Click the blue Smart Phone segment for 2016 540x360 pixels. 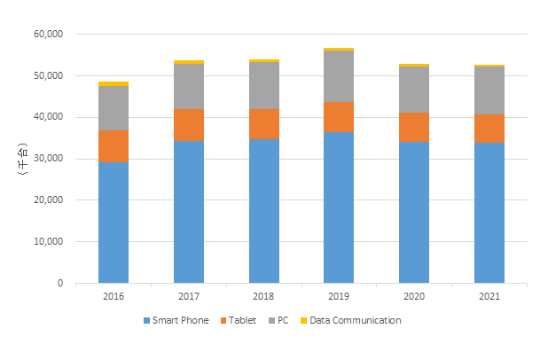113,223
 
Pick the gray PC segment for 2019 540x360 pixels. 339,76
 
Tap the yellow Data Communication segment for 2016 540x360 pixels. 113,84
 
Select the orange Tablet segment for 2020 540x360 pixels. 413,127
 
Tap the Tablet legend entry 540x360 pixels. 243,320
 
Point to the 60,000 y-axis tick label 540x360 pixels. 47,35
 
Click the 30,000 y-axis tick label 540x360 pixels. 47,159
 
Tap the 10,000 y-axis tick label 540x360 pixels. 47,242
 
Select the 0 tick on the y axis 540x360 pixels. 59,284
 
